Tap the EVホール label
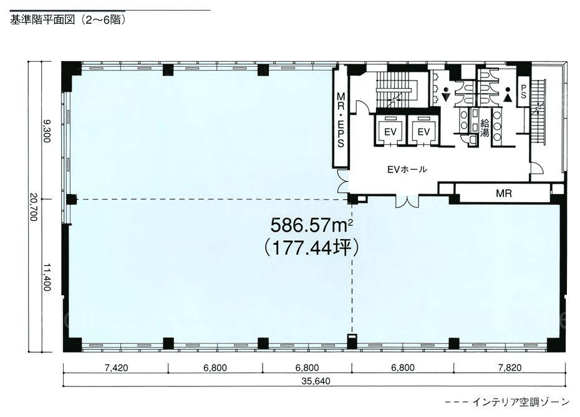407,169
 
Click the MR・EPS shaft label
341,120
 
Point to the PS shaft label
523,91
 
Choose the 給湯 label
484,128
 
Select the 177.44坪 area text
311,248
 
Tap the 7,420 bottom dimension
116,368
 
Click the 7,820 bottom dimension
510,368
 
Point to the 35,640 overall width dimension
316,381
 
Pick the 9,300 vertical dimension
47,130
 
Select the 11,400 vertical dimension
47,277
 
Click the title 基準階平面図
42,19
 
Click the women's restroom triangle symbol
508,98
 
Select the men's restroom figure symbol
446,94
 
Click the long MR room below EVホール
503,193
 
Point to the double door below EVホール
407,201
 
